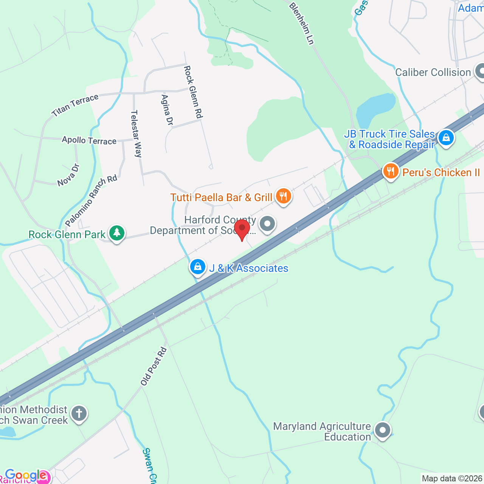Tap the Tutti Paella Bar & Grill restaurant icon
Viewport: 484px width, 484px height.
click(x=283, y=196)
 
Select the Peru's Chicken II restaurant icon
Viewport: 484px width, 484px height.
click(x=391, y=172)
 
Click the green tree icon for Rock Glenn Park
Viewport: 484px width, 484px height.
click(x=116, y=233)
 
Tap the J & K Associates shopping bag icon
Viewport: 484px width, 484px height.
click(x=197, y=267)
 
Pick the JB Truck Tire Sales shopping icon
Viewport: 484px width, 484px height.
click(x=446, y=138)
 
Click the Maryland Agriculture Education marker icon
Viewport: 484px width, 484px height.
click(x=383, y=430)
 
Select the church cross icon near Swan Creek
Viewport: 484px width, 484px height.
click(x=79, y=413)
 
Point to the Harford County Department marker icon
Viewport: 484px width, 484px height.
click(x=267, y=223)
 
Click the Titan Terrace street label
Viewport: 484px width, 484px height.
click(x=75, y=105)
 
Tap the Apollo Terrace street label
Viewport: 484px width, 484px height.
click(x=89, y=140)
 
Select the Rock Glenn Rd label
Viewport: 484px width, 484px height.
click(x=193, y=92)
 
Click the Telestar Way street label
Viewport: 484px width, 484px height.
click(x=136, y=133)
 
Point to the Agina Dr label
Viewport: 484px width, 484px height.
click(x=167, y=110)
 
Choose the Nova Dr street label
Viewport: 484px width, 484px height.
click(x=68, y=175)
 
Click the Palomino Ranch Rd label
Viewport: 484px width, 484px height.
click(x=91, y=200)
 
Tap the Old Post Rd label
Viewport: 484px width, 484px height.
click(x=154, y=366)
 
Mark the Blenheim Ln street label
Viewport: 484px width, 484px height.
click(x=302, y=23)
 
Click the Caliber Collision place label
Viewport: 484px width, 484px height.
click(x=433, y=72)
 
